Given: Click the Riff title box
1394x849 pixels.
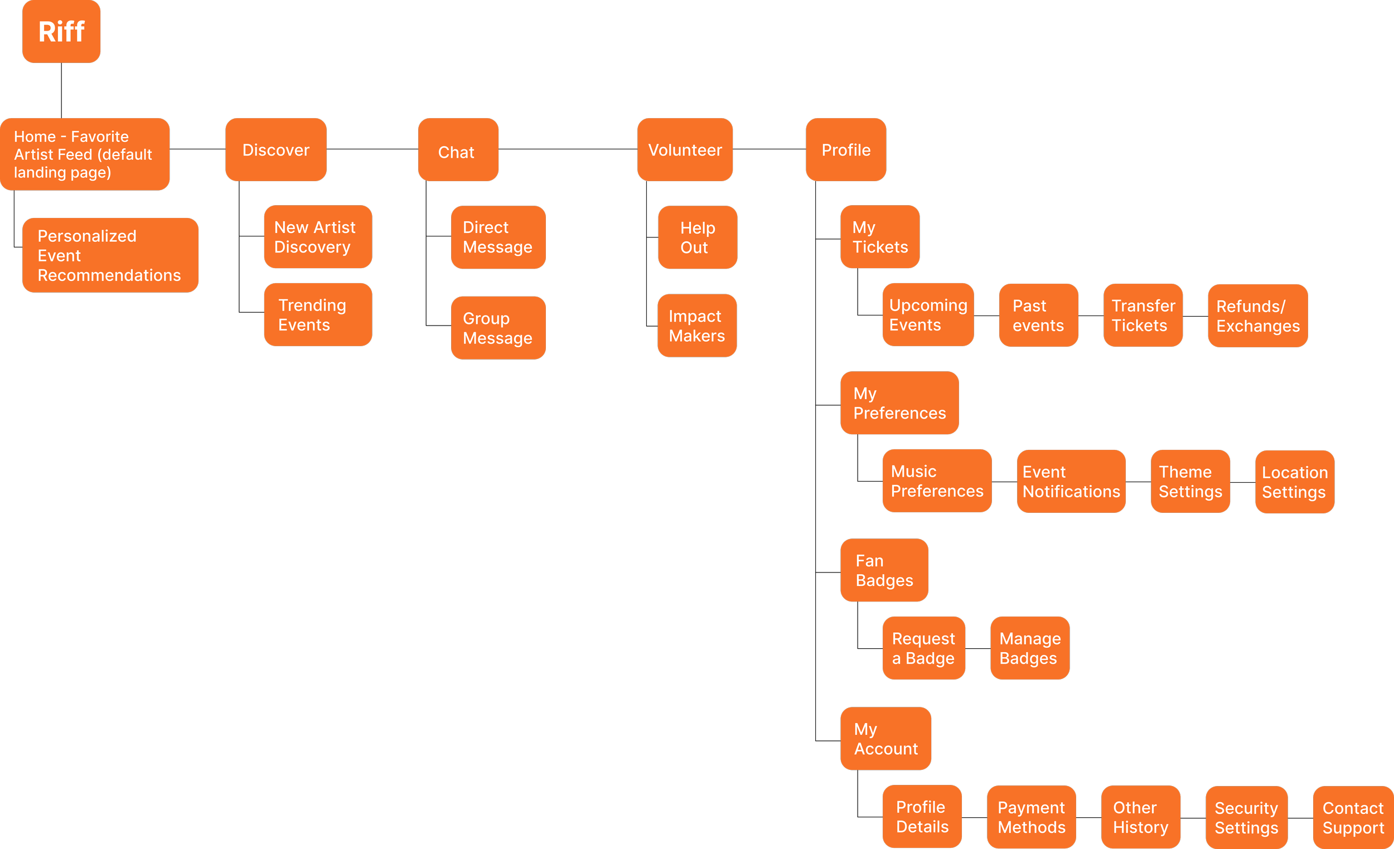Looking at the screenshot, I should click(61, 31).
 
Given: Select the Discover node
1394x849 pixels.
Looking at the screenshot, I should click(275, 149).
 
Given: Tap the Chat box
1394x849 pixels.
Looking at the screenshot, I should click(458, 149).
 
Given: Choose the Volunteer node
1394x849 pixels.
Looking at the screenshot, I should click(685, 149).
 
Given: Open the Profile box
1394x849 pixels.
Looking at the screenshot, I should click(845, 149).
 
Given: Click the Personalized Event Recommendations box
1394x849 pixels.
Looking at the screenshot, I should click(110, 255).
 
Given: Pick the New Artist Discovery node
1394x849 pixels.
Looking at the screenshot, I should click(317, 236).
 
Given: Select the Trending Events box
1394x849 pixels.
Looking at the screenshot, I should click(317, 314).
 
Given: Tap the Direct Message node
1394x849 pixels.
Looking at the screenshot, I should click(498, 237).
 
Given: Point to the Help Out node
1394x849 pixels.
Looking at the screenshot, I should click(697, 237).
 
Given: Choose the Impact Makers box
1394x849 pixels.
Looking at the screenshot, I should click(696, 325).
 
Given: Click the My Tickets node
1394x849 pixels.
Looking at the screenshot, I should click(879, 236).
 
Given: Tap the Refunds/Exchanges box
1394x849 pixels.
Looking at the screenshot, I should click(1257, 316).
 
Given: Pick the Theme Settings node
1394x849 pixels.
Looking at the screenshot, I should click(1190, 481).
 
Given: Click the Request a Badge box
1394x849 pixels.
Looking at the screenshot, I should click(923, 648).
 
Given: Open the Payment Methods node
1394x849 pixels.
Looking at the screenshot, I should click(1031, 817).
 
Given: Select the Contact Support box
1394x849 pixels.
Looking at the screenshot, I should click(1353, 817).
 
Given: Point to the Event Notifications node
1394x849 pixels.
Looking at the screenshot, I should click(1071, 481).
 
